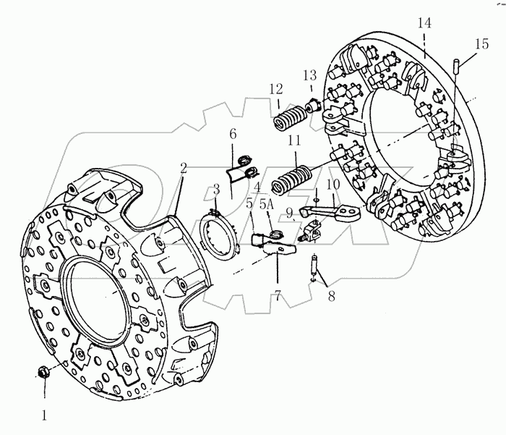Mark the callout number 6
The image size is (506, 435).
(x=233, y=135)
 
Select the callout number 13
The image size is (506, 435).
(x=310, y=75)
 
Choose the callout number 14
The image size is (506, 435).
(x=424, y=24)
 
